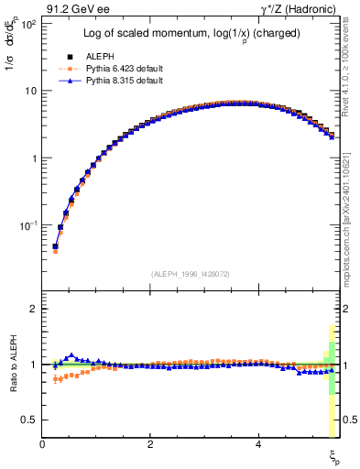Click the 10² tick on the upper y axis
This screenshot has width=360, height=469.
(27, 24)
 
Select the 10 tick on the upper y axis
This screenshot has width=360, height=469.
(30, 91)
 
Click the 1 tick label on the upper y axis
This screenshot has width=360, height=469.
(33, 158)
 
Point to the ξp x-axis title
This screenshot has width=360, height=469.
(334, 455)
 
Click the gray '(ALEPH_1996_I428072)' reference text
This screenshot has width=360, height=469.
(189, 274)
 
